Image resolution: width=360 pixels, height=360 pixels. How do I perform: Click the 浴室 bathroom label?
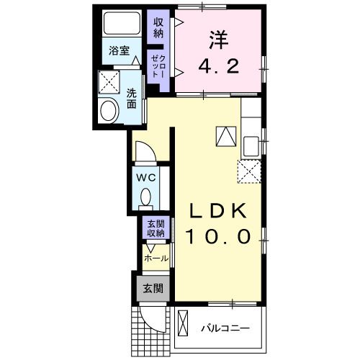click(x=120, y=51)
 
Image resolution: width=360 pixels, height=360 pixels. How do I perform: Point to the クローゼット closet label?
click(x=158, y=66)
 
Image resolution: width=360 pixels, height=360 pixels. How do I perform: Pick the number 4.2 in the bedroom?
click(x=219, y=66)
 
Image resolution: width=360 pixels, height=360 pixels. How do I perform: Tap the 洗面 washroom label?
click(x=132, y=98)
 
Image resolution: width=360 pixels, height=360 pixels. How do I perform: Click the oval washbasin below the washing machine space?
click(x=110, y=112)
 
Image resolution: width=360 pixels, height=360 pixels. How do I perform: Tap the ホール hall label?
click(x=156, y=258)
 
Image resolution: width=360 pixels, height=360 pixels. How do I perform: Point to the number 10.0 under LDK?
click(x=219, y=236)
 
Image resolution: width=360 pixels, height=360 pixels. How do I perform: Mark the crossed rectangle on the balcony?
click(x=183, y=323)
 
